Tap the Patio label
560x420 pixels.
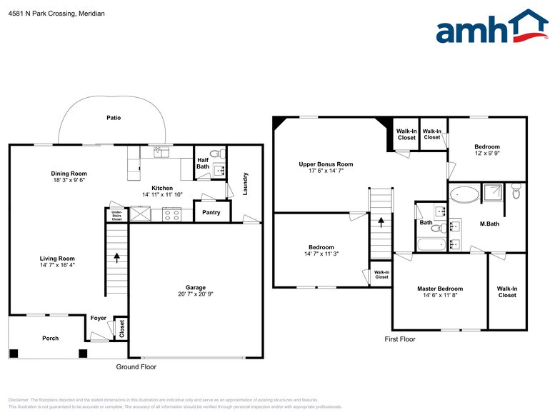coord(114,118)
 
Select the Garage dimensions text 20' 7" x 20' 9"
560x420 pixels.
coord(196,294)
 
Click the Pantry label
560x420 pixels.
coord(211,212)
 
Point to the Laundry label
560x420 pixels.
coord(246,184)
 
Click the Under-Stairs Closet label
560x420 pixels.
coord(116,214)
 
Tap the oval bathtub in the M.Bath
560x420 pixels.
coord(465,194)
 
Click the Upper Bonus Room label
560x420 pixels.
coord(326,164)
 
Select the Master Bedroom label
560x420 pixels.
coord(440,289)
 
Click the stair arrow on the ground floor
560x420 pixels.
coord(117,256)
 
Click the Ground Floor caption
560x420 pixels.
coord(136,366)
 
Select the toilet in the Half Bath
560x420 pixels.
coord(221,154)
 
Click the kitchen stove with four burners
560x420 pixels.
coord(171,214)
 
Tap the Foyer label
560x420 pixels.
coord(98,318)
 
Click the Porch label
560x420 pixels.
coord(50,338)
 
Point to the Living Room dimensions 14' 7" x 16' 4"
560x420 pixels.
coord(57,265)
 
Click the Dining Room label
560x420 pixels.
coord(69,174)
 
